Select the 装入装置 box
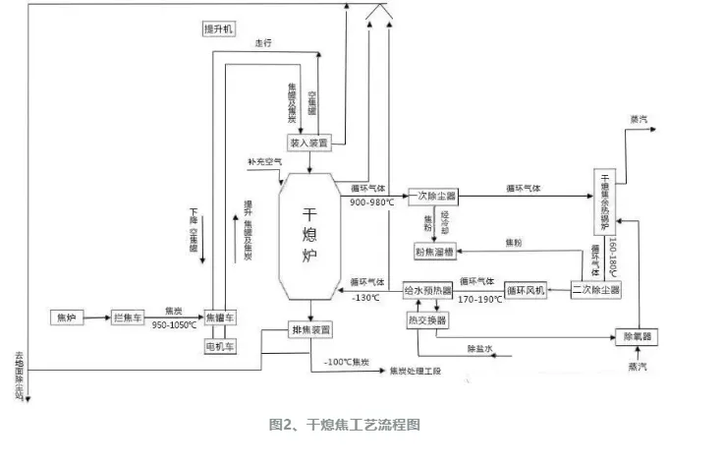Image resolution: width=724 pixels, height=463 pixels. [308, 141]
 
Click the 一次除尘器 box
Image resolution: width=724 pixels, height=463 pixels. [433, 197]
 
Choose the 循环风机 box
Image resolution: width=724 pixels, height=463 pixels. [527, 291]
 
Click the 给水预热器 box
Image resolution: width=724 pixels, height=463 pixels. [428, 291]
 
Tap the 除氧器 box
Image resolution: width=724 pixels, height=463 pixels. [636, 336]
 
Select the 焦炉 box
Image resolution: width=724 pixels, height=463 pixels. [68, 318]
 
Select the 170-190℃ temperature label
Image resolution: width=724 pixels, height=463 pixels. [478, 298]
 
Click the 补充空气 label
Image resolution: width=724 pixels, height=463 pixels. [266, 160]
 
